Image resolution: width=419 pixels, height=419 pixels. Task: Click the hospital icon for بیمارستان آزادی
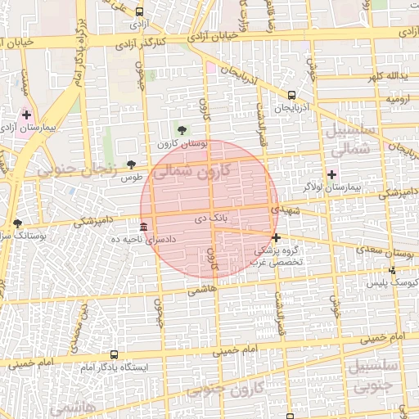pyautogui.click(x=26, y=115)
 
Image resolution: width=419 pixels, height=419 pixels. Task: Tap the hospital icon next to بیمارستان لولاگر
pyautogui.click(x=331, y=174)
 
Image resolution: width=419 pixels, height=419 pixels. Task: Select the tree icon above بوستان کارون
pyautogui.click(x=182, y=130)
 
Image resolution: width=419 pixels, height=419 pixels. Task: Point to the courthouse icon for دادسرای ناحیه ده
pyautogui.click(x=144, y=227)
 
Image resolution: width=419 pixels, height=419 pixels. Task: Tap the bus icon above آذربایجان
pyautogui.click(x=292, y=96)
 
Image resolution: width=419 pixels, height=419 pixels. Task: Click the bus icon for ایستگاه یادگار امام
pyautogui.click(x=114, y=356)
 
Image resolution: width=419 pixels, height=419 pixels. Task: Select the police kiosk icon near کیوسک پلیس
pyautogui.click(x=392, y=270)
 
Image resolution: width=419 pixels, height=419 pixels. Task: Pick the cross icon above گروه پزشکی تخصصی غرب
pyautogui.click(x=276, y=237)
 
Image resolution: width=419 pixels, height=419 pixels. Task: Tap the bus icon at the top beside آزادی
pyautogui.click(x=139, y=12)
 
